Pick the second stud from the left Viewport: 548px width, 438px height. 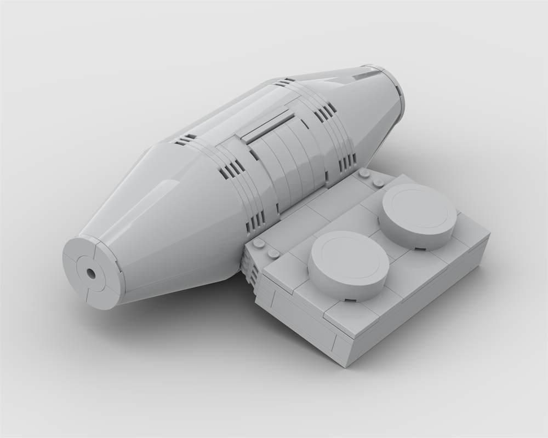coord(272,253)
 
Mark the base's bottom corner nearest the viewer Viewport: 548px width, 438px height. coord(344,366)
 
